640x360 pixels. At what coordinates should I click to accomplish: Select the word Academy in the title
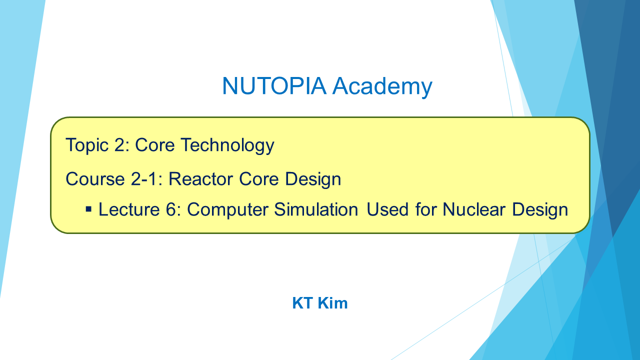382,87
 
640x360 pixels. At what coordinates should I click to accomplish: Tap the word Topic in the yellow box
87,145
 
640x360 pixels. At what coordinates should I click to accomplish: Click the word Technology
227,145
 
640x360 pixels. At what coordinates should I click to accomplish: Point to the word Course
95,179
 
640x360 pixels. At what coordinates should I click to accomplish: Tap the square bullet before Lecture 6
89,209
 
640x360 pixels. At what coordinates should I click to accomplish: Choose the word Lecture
129,209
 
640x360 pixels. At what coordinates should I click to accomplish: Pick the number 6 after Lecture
170,209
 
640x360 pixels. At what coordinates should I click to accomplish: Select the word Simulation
316,209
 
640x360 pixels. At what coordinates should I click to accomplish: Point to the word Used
387,209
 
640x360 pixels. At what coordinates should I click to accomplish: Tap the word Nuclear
473,209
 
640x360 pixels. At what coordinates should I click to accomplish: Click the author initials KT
302,303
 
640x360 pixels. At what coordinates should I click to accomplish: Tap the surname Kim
333,303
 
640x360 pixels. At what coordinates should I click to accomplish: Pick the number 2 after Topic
120,145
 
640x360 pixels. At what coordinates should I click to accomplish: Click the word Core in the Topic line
154,145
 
